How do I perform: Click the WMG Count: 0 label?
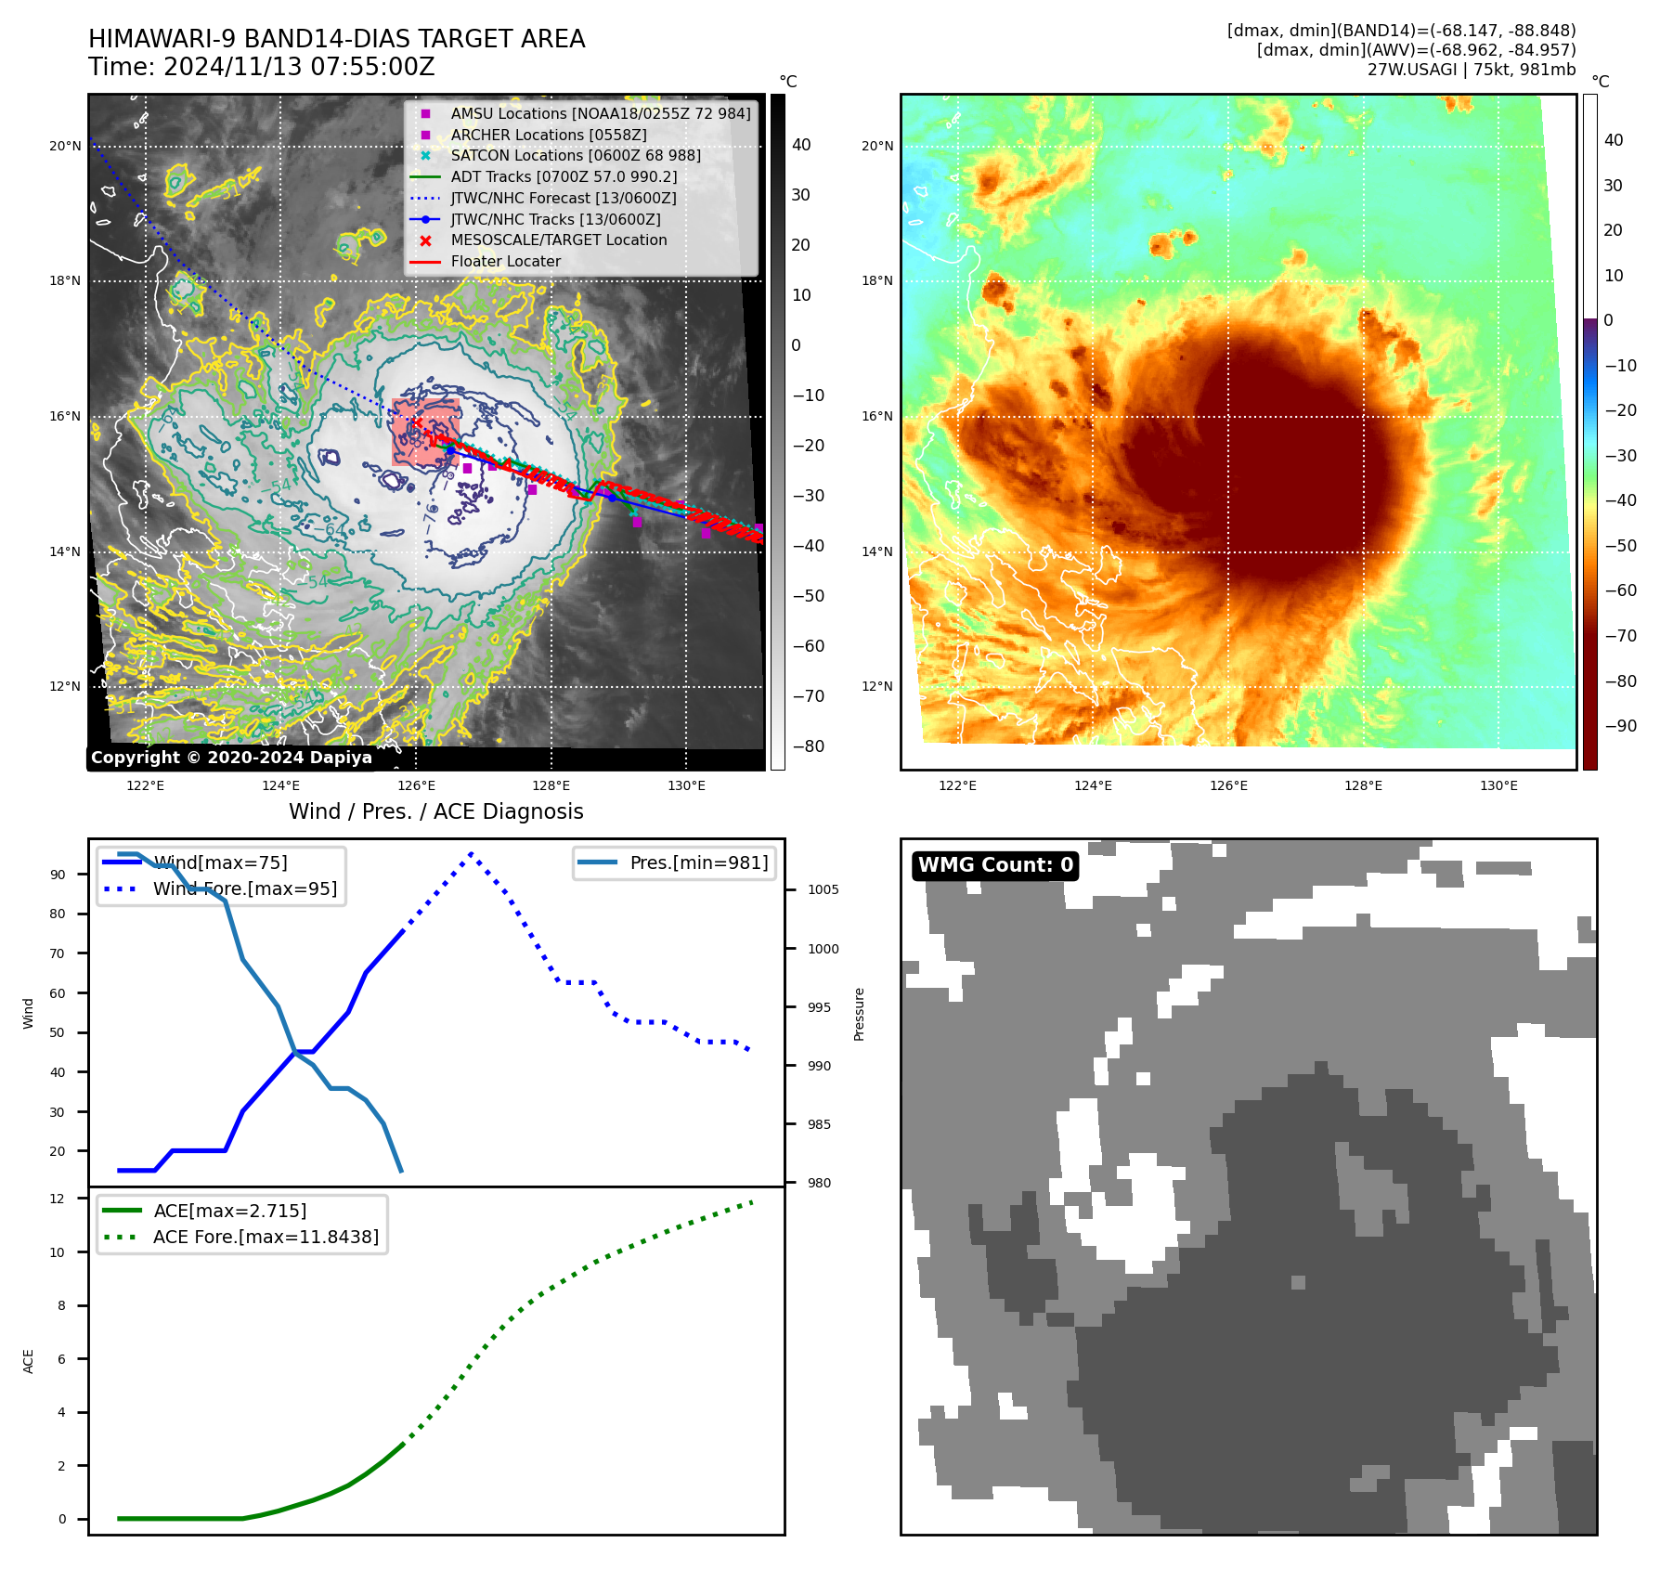tap(994, 865)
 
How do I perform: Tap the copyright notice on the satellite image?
tap(231, 758)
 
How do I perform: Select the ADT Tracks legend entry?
tap(564, 176)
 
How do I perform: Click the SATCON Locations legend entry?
tap(576, 155)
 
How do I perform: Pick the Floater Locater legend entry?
tap(505, 261)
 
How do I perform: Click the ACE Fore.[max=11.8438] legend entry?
tap(266, 1237)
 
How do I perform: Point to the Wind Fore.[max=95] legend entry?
tap(245, 888)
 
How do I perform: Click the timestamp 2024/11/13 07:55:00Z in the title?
tap(299, 67)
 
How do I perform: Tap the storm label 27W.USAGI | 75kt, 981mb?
tap(1471, 70)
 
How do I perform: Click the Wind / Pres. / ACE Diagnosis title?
tap(436, 811)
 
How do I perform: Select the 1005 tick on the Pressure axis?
tap(823, 889)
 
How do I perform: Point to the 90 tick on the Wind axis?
tap(58, 875)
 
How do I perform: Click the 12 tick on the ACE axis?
tap(58, 1199)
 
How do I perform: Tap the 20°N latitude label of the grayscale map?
tap(65, 146)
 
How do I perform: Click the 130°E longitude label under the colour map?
tap(1498, 785)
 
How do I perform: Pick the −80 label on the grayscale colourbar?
tap(808, 746)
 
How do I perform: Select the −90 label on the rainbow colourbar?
tap(1620, 726)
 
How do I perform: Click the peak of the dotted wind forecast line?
tap(472, 853)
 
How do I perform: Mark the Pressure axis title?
tap(859, 1014)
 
